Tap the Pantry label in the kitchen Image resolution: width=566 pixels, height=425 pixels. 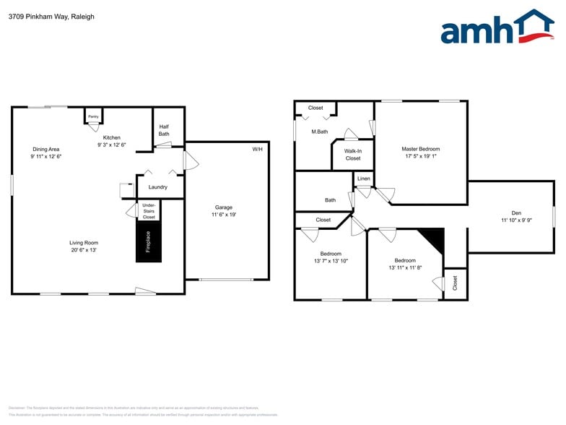[93, 116]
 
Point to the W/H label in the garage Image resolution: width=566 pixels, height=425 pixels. [257, 149]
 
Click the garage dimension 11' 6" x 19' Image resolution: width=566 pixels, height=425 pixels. [224, 215]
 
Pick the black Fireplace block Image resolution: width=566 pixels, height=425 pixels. [149, 241]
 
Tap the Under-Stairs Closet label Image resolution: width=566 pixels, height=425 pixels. [149, 211]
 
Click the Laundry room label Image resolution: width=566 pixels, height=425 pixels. [158, 187]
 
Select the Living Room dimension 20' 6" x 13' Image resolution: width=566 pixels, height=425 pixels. [83, 250]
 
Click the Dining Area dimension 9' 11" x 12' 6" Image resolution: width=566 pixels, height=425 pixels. [46, 156]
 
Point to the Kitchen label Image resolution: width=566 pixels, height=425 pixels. [112, 137]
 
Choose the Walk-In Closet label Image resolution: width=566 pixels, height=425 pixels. [353, 155]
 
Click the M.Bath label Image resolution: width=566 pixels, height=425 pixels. [320, 132]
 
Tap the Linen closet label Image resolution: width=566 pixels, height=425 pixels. [363, 179]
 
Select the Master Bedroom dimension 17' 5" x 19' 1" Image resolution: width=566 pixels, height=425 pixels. [420, 155]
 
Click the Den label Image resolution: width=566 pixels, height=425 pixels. [516, 212]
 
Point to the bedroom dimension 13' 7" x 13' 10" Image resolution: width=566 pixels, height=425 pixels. [331, 261]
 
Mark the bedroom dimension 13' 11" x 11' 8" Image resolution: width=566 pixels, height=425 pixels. [405, 267]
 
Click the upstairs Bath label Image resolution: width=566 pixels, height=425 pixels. [330, 200]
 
